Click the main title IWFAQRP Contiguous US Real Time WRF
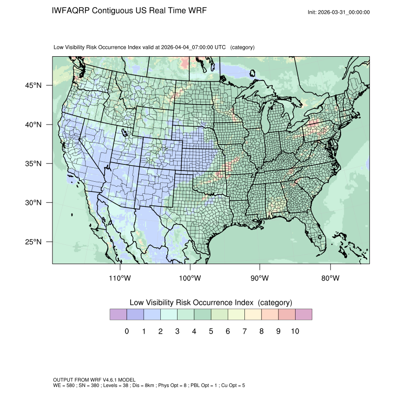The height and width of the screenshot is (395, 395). click(x=129, y=11)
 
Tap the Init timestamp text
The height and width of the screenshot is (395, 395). click(x=339, y=13)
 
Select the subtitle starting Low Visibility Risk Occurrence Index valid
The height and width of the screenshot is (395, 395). click(x=154, y=47)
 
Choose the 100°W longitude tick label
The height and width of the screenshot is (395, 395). click(x=190, y=278)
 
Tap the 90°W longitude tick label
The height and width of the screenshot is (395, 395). click(x=260, y=278)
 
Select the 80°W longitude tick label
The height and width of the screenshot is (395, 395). click(x=330, y=278)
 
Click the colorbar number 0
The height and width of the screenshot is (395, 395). click(x=126, y=331)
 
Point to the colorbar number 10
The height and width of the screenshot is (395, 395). click(x=295, y=331)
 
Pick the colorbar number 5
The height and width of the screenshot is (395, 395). click(x=211, y=331)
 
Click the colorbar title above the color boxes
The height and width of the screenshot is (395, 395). click(x=211, y=303)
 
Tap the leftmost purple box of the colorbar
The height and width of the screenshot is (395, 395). click(x=118, y=315)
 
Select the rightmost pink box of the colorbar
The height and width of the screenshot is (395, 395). click(x=303, y=315)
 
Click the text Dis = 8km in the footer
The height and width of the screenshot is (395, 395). click(x=137, y=386)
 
